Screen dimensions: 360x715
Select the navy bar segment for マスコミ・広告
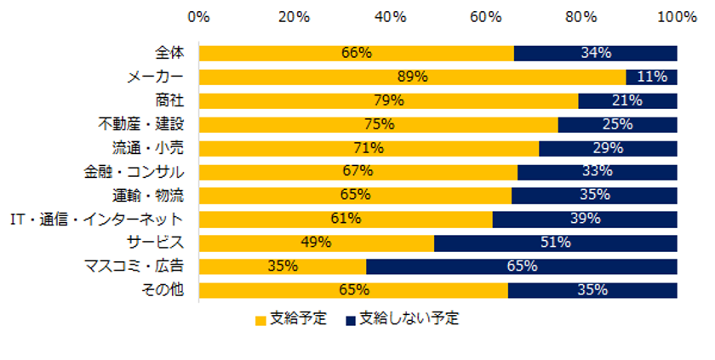[x=521, y=266]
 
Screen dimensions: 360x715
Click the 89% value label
[x=412, y=77]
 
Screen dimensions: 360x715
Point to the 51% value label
[x=555, y=243]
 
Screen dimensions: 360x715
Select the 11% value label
[x=652, y=77]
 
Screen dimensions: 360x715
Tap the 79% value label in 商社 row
[x=388, y=101]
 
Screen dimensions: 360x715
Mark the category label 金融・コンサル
[x=142, y=172]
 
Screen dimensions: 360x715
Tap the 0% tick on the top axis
[x=199, y=16]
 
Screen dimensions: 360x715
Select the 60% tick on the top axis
[x=485, y=16]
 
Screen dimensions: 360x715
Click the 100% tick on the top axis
[x=678, y=16]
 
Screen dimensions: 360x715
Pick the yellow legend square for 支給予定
[x=260, y=321]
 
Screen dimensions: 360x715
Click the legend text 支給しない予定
[x=409, y=320]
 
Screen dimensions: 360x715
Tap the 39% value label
[x=585, y=219]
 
